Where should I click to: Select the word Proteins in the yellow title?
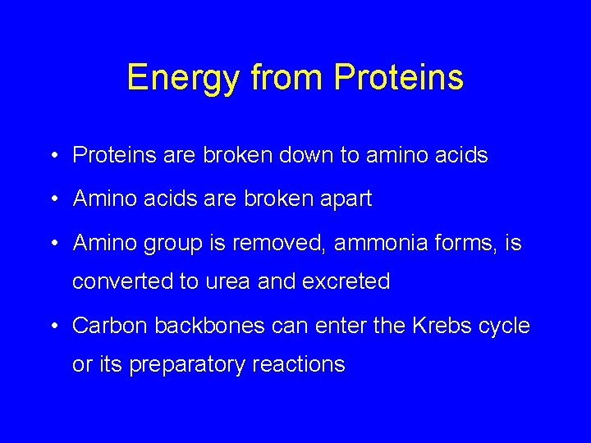click(x=399, y=78)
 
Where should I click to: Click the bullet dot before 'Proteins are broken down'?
click(x=52, y=155)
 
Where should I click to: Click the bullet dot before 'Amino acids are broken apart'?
click(x=52, y=199)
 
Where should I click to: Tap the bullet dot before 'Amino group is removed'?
click(x=52, y=243)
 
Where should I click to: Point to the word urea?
click(x=228, y=281)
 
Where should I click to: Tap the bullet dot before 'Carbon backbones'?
click(x=52, y=326)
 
